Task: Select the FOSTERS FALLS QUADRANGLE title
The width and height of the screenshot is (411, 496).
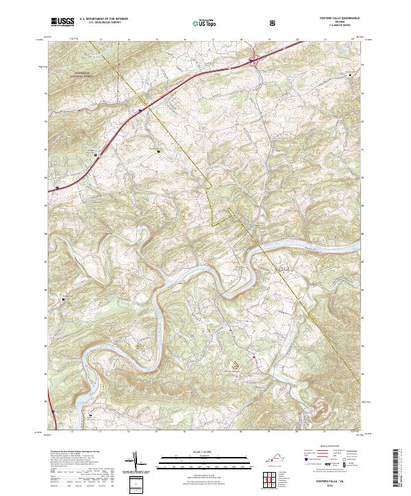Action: point(335,18)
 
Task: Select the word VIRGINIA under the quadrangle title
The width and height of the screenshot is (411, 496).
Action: point(335,22)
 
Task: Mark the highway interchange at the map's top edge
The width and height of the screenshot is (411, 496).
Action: point(251,62)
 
